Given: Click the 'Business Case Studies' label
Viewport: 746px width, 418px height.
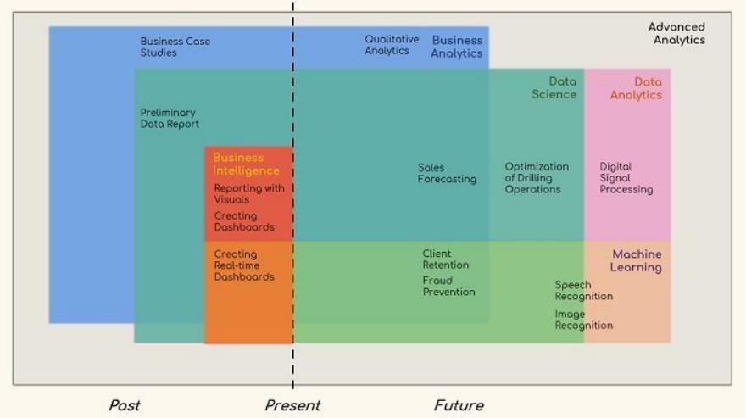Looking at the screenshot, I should pos(175,47).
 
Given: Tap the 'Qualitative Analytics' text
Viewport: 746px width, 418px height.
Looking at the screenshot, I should pos(392,45).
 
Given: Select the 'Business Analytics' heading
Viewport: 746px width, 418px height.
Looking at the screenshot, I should pos(456,47).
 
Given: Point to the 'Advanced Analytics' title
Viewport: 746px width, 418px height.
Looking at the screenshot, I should pos(676,34).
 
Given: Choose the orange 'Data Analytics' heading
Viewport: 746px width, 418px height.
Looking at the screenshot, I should pos(636,88).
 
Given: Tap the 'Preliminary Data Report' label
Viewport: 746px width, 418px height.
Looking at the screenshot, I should pos(170,119).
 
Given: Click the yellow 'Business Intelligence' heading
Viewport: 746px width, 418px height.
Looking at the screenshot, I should pos(246,164).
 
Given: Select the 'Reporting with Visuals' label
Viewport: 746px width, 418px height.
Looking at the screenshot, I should pos(249,194).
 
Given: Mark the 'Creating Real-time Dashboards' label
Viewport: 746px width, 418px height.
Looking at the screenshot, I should pos(244,265).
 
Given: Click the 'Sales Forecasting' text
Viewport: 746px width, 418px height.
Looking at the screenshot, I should pos(447,174).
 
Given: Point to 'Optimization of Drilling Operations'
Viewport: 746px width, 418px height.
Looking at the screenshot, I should pos(537,178).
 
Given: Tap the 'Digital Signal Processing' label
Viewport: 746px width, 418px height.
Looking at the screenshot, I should pos(626,178).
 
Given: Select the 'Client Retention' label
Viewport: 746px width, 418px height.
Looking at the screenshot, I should pos(445,259).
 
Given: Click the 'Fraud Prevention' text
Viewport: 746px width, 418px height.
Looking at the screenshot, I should pos(448,287).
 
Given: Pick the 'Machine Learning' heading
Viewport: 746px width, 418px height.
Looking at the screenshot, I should pos(636,261).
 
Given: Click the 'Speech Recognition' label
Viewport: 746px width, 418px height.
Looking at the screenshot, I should pos(583,291).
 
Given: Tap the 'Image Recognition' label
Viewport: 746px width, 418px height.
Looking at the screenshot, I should pos(583,320).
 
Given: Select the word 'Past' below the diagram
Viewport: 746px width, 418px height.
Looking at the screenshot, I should pos(125,405).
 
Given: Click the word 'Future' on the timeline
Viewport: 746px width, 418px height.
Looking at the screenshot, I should pos(459,405).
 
